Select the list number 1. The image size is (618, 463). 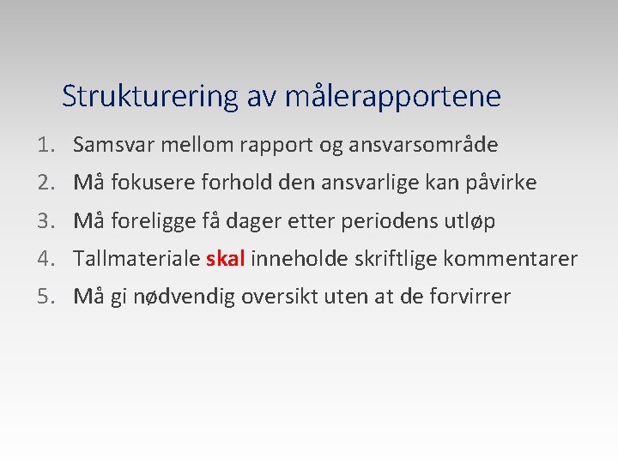(x=45, y=145)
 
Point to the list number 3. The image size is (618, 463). (x=45, y=221)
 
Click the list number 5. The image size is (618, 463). (x=45, y=297)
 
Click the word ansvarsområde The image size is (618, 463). (x=423, y=145)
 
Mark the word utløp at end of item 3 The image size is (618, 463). (x=470, y=221)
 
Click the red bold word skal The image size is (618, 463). (x=226, y=258)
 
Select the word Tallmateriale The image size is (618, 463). (x=137, y=258)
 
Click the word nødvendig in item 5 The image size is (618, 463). (x=183, y=297)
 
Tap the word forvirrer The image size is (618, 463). (x=470, y=297)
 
